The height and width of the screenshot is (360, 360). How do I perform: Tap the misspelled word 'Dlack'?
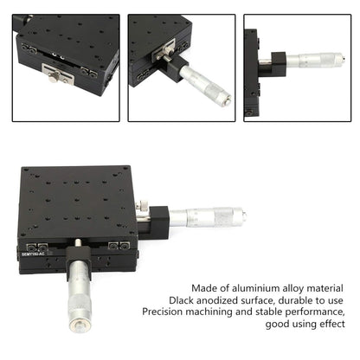(181, 300)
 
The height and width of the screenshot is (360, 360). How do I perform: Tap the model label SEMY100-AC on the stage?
(33, 254)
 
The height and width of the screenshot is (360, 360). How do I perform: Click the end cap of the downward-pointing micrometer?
(80, 326)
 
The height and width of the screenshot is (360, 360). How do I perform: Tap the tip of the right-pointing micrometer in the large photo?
(245, 215)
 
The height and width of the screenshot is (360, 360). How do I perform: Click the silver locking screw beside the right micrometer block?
(141, 205)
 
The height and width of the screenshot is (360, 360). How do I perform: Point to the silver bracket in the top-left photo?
(58, 74)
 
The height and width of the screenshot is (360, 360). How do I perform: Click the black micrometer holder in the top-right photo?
(279, 64)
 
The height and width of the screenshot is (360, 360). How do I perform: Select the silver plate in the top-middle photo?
(164, 50)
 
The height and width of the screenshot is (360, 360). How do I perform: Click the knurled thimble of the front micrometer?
(80, 306)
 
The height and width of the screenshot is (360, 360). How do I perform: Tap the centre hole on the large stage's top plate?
(76, 200)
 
